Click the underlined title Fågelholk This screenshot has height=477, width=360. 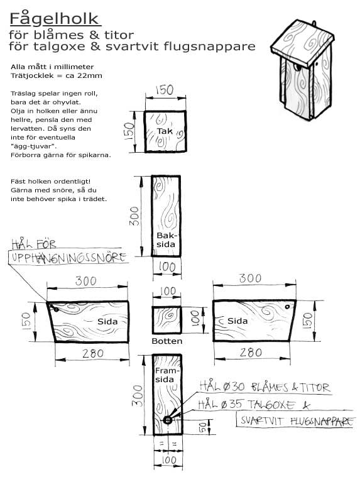(x=55, y=19)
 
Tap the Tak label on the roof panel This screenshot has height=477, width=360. (x=165, y=131)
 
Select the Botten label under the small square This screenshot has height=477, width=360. (x=167, y=341)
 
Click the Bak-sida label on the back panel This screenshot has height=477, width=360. (x=166, y=239)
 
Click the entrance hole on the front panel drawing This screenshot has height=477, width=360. (x=167, y=420)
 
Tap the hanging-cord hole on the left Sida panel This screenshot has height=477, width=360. (x=56, y=310)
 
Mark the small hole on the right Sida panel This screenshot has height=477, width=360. (x=287, y=307)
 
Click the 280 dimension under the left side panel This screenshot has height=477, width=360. (x=93, y=353)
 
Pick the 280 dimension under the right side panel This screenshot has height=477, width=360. (x=251, y=353)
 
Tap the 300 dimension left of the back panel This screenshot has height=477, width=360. (x=134, y=216)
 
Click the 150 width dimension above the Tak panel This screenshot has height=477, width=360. (x=165, y=90)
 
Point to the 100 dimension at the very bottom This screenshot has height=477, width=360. (x=168, y=460)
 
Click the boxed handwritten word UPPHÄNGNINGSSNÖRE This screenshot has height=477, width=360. (x=68, y=258)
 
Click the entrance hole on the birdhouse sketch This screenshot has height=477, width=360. (x=297, y=67)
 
